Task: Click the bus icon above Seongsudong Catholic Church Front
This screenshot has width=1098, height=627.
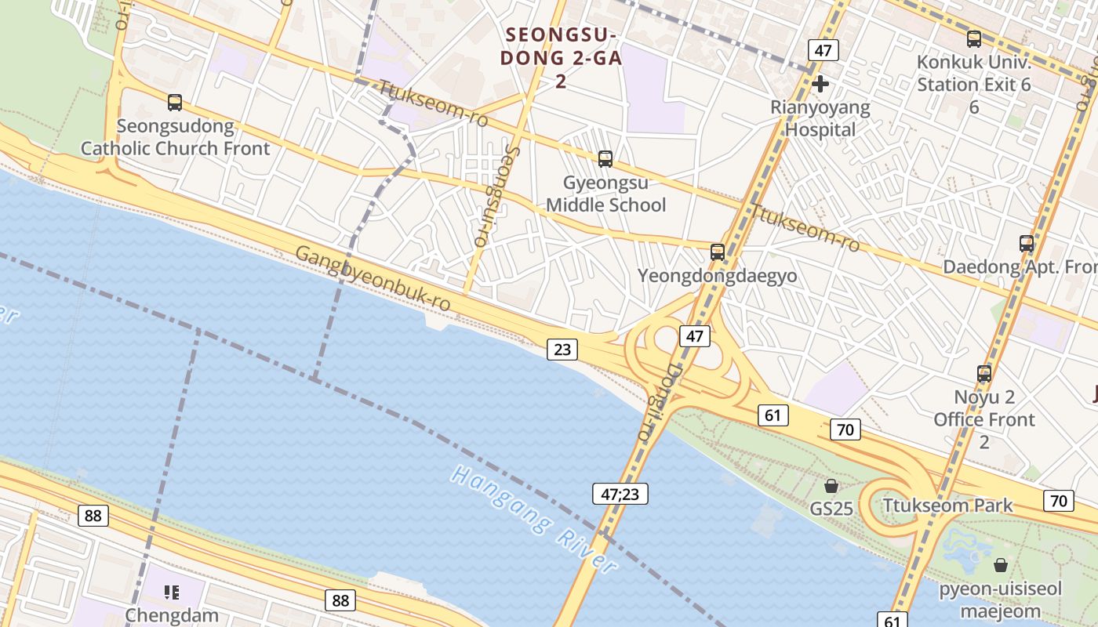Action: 175,102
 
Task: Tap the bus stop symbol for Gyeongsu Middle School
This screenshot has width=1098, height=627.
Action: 605,159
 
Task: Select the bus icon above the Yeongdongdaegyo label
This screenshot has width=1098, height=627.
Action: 717,252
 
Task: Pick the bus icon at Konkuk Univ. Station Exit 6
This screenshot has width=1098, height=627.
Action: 973,38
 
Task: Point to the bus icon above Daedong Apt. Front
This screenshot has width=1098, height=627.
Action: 1026,243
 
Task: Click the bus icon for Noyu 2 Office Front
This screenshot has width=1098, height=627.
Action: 983,373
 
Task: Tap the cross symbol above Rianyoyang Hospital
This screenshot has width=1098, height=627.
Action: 820,84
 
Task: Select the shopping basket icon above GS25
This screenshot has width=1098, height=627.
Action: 831,486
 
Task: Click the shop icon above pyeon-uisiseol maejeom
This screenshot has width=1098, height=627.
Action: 1000,564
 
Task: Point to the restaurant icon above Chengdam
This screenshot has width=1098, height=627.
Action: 172,592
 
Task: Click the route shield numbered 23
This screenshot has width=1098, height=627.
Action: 562,349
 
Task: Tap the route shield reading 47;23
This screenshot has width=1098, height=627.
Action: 620,494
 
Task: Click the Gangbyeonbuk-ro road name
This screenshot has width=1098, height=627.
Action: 373,277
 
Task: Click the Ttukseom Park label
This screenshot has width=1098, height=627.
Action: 947,506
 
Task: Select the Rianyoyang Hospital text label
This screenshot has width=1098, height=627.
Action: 820,118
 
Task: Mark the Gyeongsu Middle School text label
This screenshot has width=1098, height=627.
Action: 605,194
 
